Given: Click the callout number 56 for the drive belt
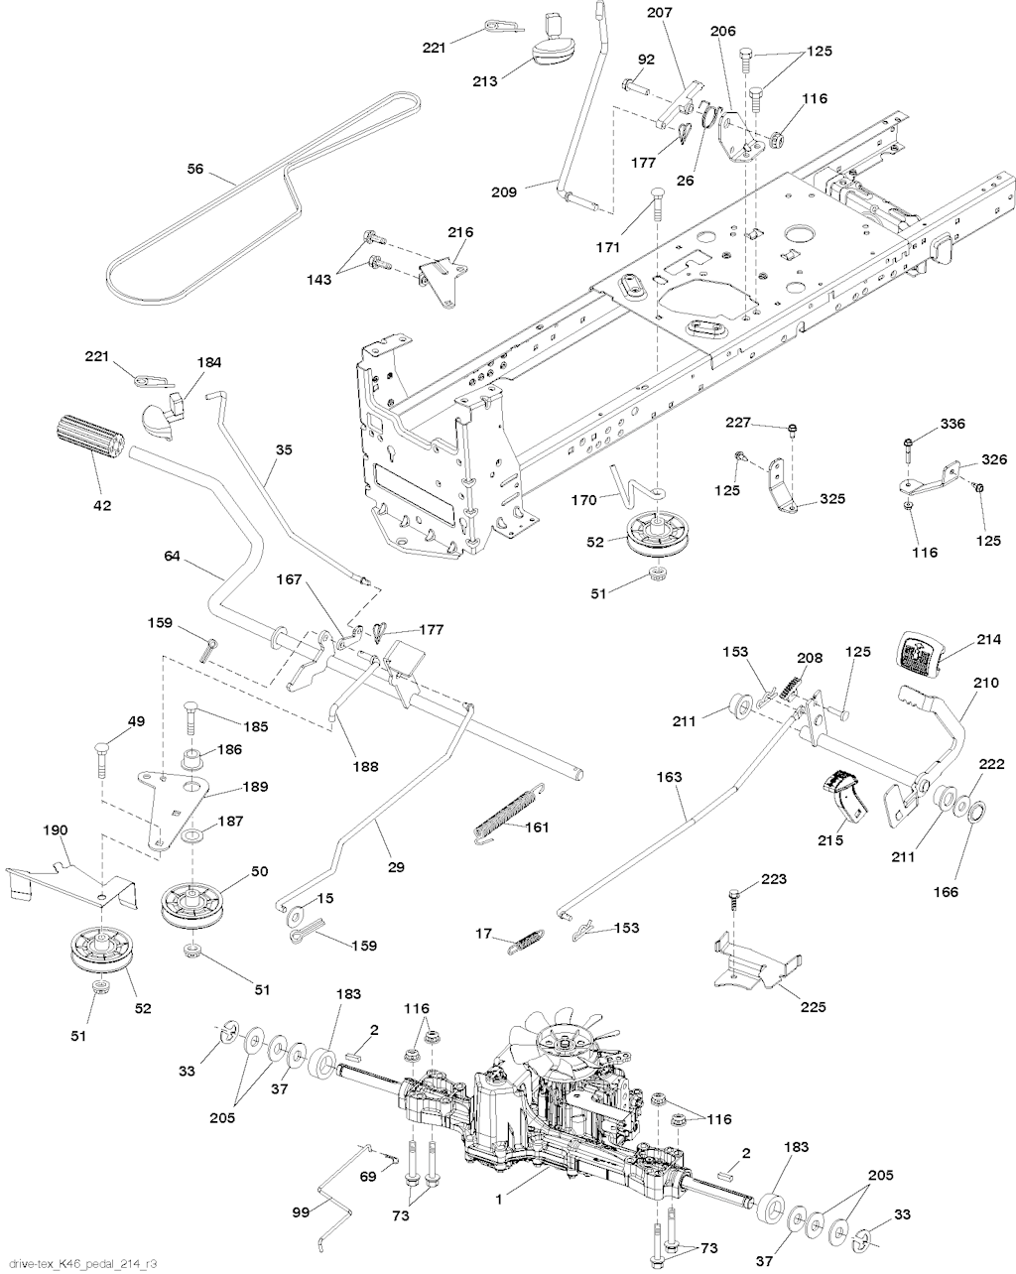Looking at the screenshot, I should [194, 170].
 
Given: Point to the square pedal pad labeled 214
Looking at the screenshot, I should [922, 652].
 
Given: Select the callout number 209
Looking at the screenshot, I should [504, 191].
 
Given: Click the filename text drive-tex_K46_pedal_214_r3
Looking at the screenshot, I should [80, 1262].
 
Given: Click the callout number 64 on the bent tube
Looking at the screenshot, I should [172, 559].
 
